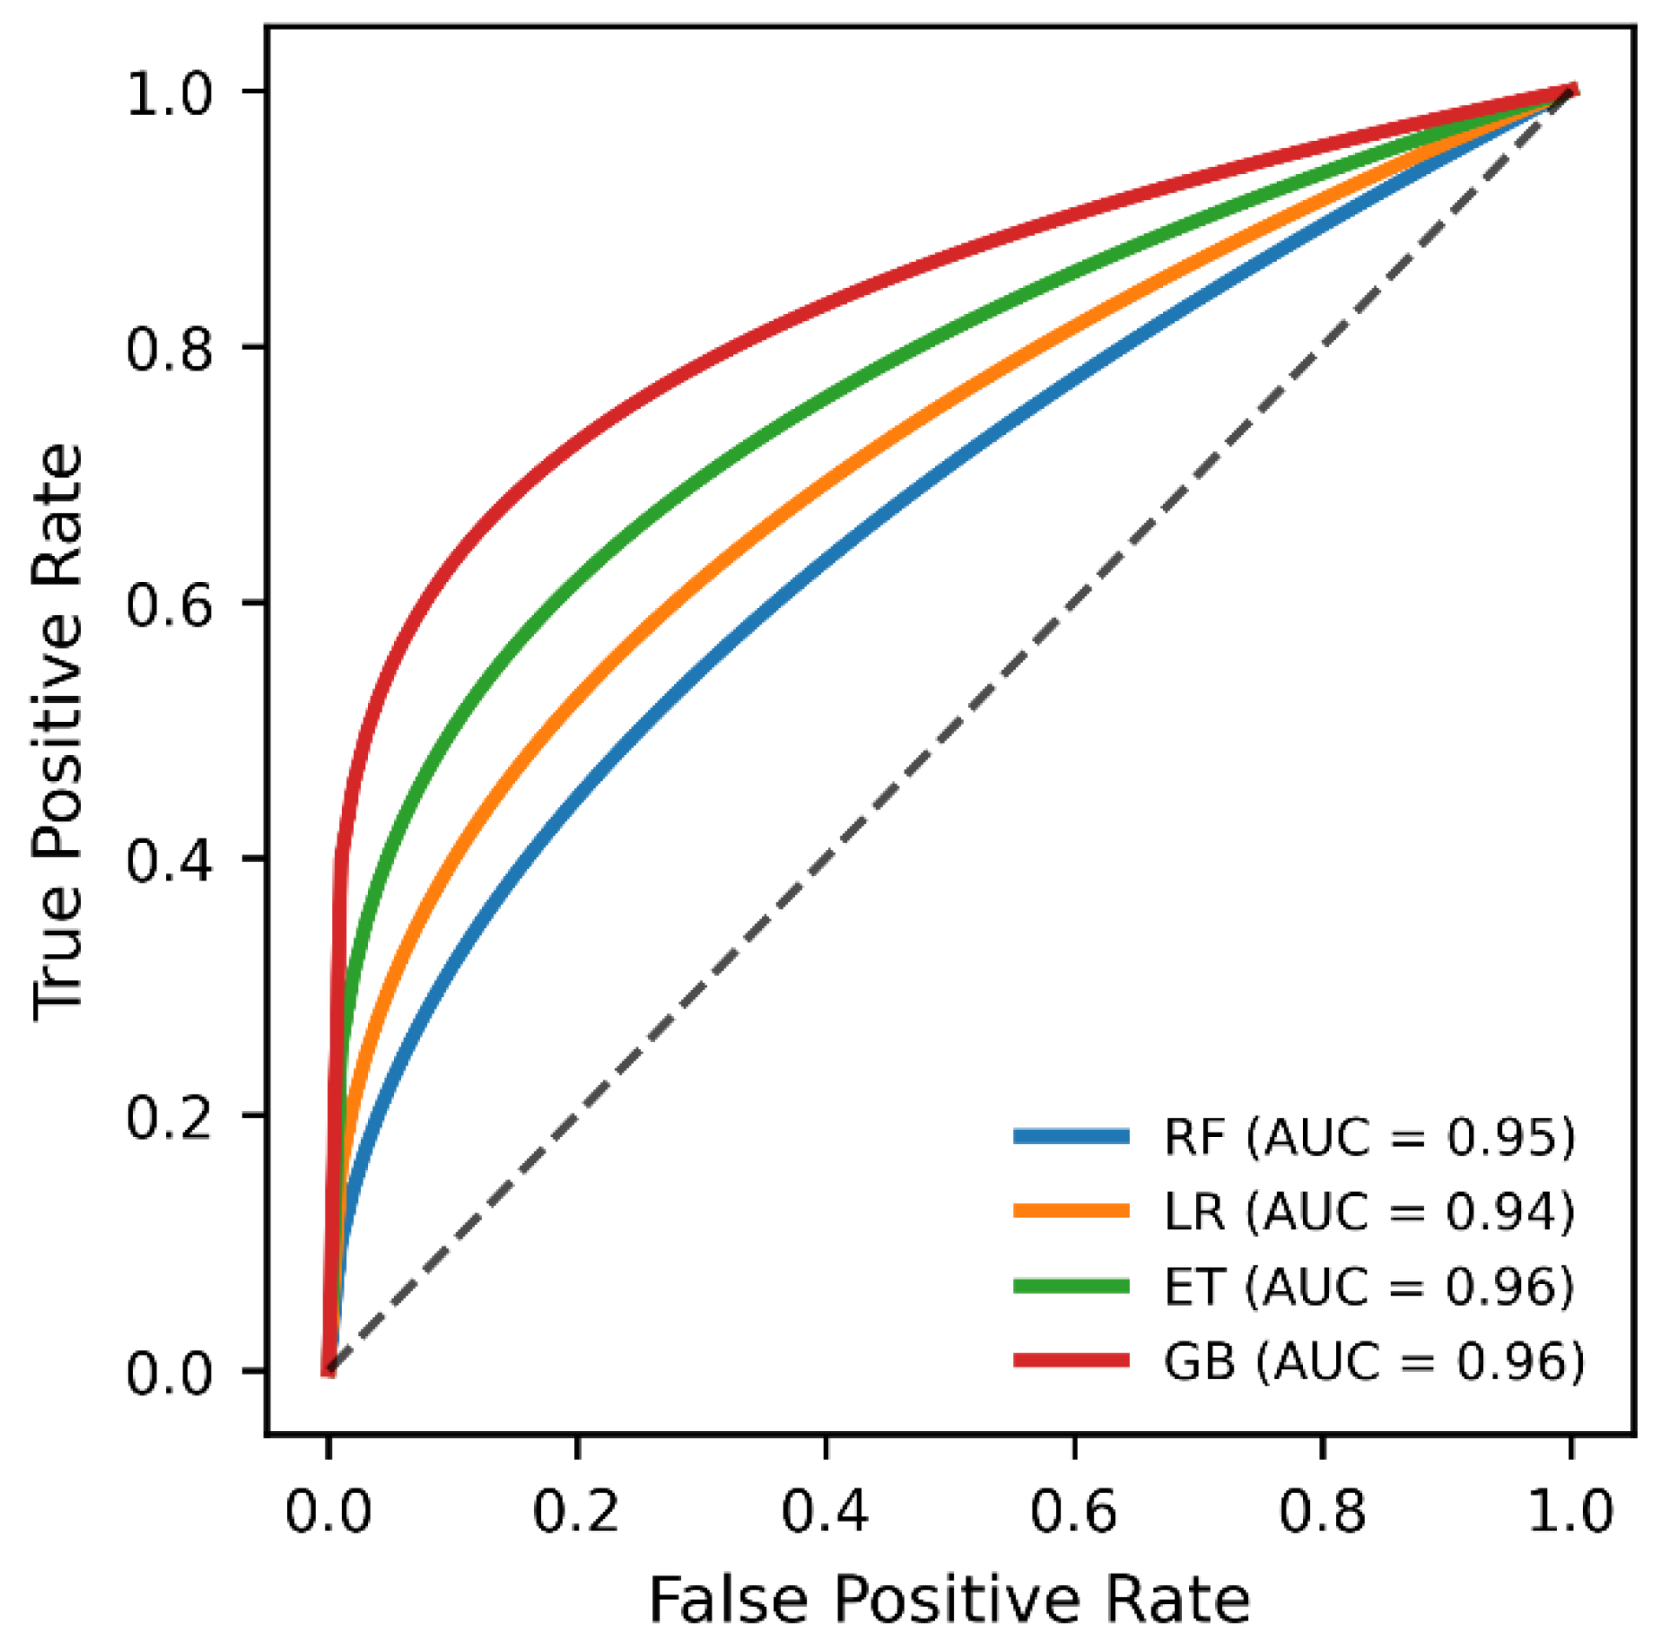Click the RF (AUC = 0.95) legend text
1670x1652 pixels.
(1369, 1136)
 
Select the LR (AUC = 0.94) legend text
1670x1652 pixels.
(1369, 1211)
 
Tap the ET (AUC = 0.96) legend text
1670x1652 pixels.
(1369, 1286)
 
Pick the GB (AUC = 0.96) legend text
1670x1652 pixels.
(1374, 1361)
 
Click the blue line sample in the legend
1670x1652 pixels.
(1071, 1136)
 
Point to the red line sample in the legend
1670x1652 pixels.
(1071, 1361)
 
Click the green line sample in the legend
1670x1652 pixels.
(1071, 1286)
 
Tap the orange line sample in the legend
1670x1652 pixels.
(1071, 1211)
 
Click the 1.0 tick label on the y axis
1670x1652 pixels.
(169, 93)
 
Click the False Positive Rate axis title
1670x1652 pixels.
(949, 1599)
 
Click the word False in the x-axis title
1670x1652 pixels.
(728, 1599)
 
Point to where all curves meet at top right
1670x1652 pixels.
(1571, 90)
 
